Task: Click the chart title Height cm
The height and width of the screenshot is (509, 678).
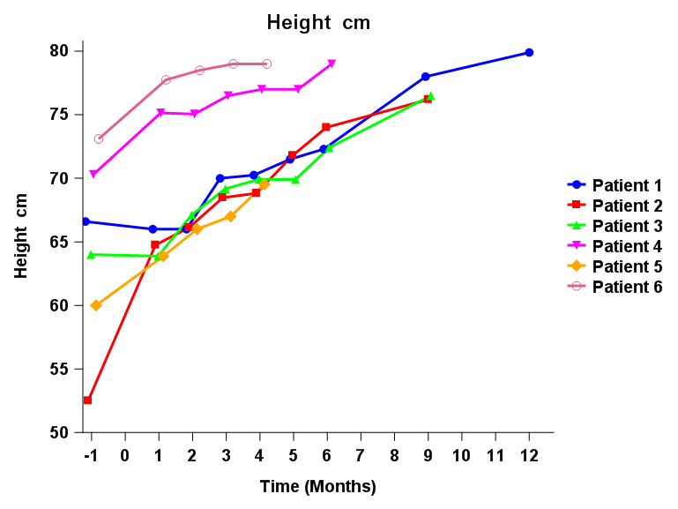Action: pos(318,23)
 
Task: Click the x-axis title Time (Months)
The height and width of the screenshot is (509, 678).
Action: pos(317,486)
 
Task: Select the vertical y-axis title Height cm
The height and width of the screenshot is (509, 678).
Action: pos(22,236)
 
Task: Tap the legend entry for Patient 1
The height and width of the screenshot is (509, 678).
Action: pos(626,185)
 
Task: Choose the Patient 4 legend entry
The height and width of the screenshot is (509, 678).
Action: pos(626,246)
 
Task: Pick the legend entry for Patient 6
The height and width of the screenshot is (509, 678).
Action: pos(626,287)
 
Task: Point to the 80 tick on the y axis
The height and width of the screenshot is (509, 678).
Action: pos(59,51)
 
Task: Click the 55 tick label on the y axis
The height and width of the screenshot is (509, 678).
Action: pos(59,370)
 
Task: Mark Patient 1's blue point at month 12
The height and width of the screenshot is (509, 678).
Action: pos(529,52)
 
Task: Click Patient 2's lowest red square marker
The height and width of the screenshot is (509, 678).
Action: pos(87,400)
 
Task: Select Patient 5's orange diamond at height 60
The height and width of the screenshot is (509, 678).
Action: pos(96,305)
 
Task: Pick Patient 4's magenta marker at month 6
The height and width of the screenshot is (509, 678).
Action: pos(332,64)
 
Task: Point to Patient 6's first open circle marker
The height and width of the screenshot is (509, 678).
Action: pos(99,138)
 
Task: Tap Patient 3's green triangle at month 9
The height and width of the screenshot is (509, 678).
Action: pos(431,96)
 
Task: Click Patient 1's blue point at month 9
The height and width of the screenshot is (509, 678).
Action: pos(425,77)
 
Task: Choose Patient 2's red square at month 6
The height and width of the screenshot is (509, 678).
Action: pos(326,127)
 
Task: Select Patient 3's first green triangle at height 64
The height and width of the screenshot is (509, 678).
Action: pos(91,254)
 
